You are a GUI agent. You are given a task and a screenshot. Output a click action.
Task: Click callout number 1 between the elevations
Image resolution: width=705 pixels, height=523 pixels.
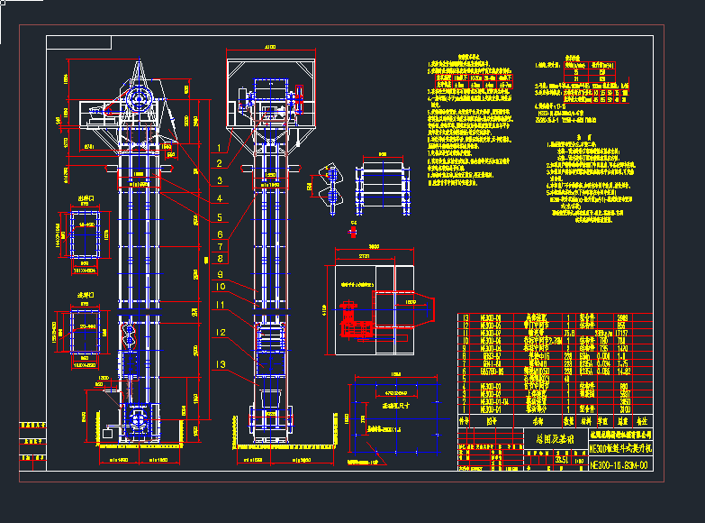(x=219, y=146)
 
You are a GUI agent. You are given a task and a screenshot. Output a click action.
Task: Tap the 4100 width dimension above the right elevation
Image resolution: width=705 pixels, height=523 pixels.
(x=269, y=46)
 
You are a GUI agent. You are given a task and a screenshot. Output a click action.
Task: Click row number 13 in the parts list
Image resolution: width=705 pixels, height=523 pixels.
(x=465, y=317)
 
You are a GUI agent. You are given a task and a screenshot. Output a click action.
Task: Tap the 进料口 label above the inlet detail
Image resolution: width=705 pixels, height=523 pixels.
(x=86, y=295)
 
